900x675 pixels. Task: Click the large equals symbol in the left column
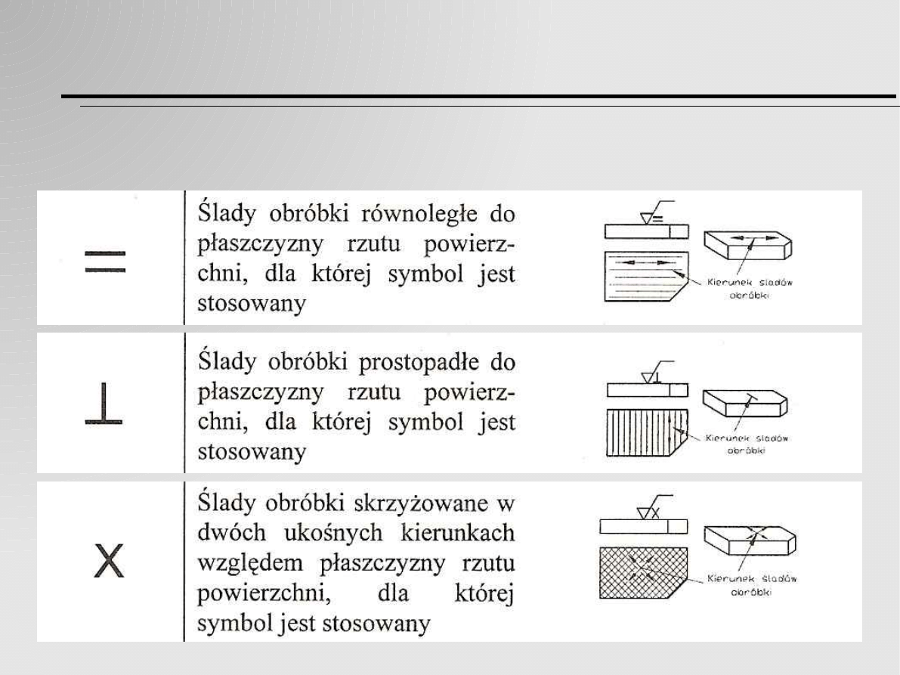tap(105, 262)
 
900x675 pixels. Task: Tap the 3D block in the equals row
tap(749, 249)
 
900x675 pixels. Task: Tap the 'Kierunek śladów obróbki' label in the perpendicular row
tap(745, 443)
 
